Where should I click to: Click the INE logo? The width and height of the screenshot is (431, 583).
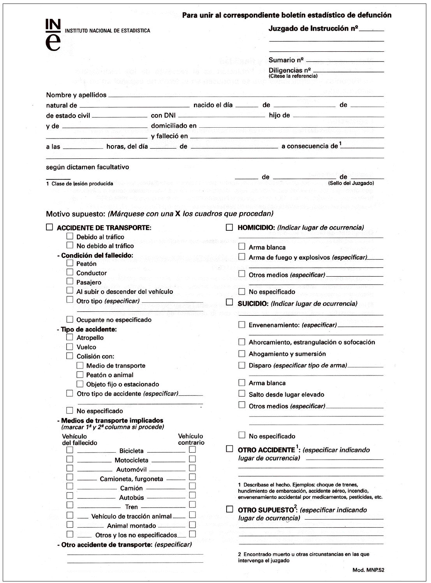tap(53, 35)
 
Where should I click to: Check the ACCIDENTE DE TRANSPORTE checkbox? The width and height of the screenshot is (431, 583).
tap(49, 227)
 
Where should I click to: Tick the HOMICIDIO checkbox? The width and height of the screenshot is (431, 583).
tap(230, 227)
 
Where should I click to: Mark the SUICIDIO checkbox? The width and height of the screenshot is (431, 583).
tap(230, 302)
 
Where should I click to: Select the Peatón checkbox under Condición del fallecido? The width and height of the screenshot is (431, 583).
tap(70, 263)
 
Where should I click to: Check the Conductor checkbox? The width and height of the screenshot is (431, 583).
tap(70, 272)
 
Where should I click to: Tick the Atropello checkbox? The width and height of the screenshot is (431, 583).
tap(70, 337)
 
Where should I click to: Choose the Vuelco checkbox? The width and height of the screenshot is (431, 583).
tap(70, 346)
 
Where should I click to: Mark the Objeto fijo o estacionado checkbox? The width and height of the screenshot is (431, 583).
tap(80, 384)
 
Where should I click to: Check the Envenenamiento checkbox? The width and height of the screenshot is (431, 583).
tap(242, 324)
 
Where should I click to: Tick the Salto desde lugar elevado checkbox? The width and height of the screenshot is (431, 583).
tap(242, 393)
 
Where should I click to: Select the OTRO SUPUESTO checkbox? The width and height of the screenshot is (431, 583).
tap(230, 509)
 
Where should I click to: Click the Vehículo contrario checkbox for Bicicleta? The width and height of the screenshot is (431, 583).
tap(192, 450)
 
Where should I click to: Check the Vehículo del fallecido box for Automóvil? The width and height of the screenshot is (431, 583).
tap(70, 468)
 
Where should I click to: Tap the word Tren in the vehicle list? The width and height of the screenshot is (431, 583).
tap(132, 507)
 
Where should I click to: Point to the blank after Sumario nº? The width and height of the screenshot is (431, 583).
tap(345, 60)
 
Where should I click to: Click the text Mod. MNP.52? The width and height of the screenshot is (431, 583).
tap(368, 570)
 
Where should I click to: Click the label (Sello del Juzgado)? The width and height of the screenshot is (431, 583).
tap(351, 183)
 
